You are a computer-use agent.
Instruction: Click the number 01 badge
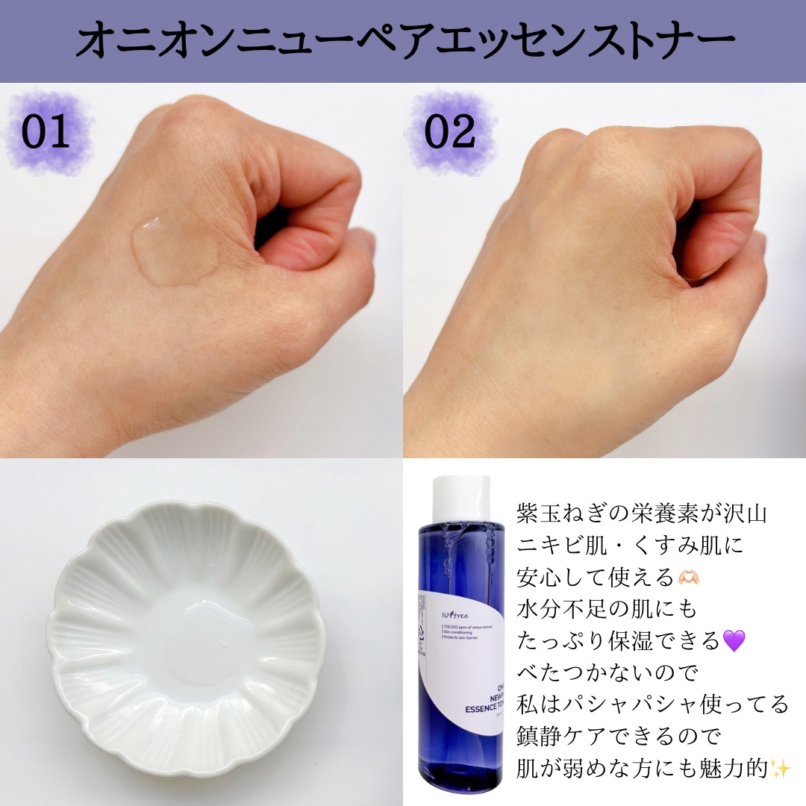[46, 133]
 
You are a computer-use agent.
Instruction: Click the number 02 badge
[449, 133]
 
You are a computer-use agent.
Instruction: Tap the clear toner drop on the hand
[173, 248]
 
